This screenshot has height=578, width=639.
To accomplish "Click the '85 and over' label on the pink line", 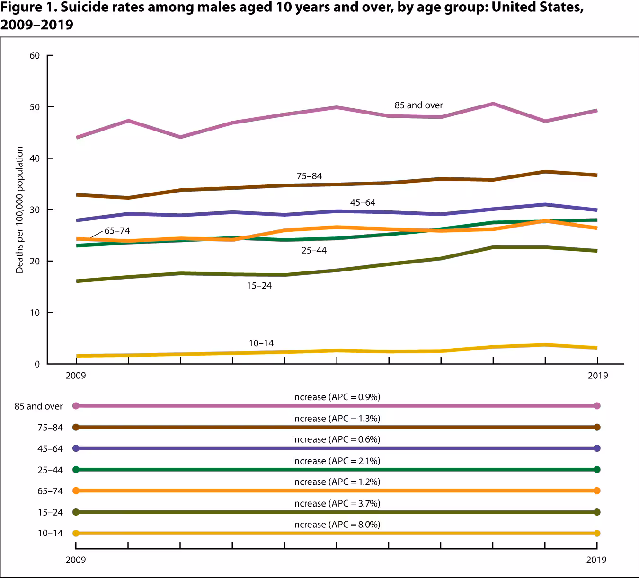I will [418, 105].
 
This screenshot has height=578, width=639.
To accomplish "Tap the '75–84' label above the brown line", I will [309, 176].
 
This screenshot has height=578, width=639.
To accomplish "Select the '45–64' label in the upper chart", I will [363, 202].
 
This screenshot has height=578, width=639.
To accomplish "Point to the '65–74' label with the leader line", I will [117, 231].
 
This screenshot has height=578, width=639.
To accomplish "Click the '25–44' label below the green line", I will [314, 250].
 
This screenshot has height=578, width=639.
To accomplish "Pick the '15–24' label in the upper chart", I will [259, 286].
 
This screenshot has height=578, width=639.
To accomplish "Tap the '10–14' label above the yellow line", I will [261, 343].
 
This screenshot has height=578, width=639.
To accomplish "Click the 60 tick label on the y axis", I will [35, 56].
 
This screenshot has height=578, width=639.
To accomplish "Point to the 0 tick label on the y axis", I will [37, 364].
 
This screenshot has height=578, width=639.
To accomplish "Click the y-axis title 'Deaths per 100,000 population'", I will [19, 210].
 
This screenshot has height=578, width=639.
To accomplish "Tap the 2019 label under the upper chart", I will [597, 376].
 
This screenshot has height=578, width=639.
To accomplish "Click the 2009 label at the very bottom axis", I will [76, 560].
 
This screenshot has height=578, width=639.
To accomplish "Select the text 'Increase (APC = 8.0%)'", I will [336, 525].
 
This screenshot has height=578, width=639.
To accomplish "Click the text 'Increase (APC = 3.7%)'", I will [336, 503].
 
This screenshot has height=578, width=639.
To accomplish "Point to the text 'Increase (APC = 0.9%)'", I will [336, 397].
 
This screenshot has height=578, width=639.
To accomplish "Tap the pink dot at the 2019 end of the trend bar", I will [597, 406].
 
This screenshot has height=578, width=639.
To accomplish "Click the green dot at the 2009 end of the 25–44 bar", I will [76, 470].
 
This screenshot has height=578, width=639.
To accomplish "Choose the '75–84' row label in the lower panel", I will [50, 428].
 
